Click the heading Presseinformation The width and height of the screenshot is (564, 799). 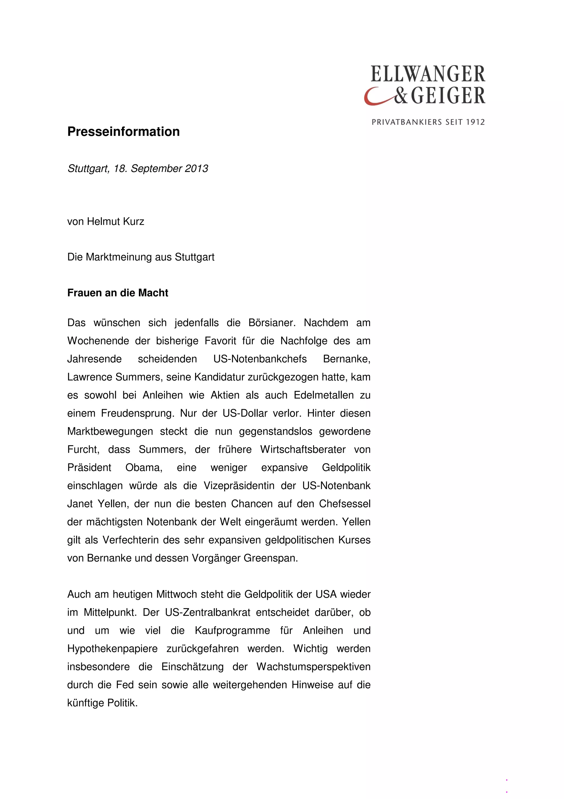tap(123, 132)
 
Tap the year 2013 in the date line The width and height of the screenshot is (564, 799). tap(196, 168)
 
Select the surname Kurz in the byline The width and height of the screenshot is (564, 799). tap(132, 221)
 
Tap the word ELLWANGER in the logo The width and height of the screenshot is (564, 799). tap(428, 74)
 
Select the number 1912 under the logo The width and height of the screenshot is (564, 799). tap(475, 122)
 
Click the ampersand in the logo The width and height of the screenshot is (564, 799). tap(401, 96)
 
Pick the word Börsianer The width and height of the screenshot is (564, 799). tap(272, 323)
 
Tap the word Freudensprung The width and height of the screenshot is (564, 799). tap(138, 413)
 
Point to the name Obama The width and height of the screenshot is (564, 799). tap(144, 467)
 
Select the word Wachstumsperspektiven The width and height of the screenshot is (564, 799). tap(313, 666)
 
